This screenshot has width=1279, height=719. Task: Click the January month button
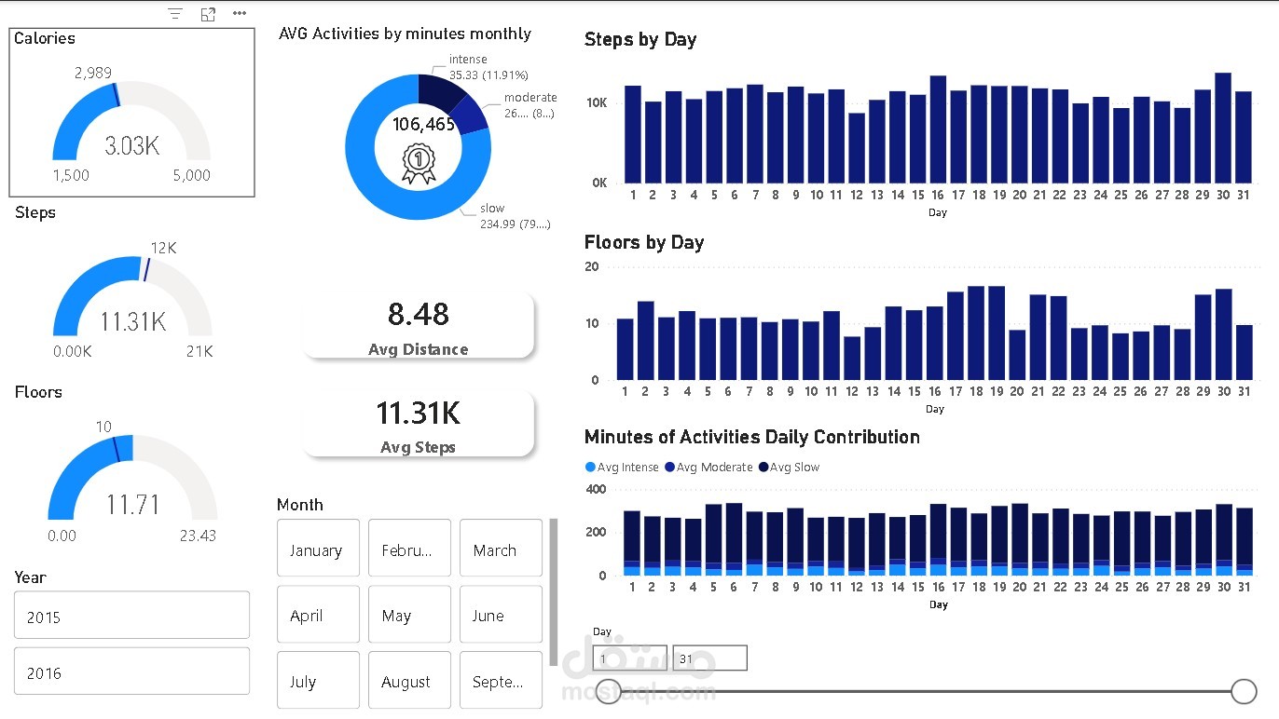coord(316,549)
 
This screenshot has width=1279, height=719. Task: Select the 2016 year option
coord(131,672)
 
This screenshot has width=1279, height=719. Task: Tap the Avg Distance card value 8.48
coord(419,315)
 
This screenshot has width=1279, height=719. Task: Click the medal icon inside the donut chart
coord(419,163)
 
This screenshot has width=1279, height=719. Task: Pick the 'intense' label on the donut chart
coord(468,60)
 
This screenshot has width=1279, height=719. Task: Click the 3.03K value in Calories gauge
coord(131,146)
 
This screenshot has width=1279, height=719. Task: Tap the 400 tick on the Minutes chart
coord(596,489)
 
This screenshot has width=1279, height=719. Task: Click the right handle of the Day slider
coord(1244,691)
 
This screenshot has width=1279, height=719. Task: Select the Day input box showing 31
coord(709,658)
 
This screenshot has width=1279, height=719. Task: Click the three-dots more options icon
coord(240,14)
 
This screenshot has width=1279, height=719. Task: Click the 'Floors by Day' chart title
coord(644,243)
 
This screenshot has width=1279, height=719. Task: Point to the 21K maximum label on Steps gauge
coord(199,351)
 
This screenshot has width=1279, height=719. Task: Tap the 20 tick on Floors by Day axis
coord(591,266)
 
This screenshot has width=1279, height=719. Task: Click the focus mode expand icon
coord(208,14)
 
